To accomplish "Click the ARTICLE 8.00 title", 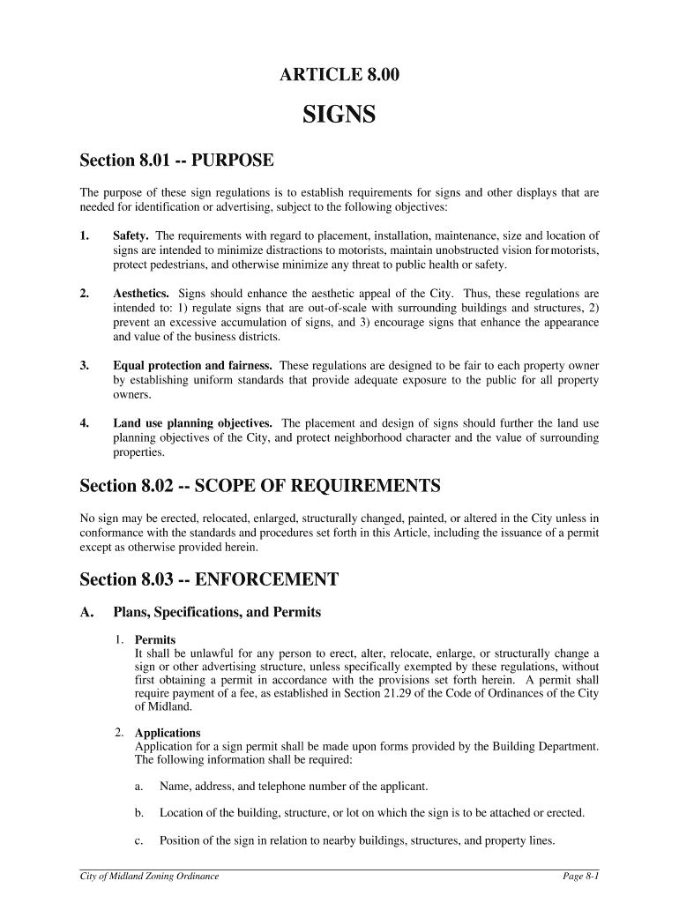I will click(x=339, y=76).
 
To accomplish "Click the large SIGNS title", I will click(x=339, y=115).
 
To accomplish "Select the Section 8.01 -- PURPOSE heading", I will click(x=177, y=160).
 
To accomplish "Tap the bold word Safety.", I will click(x=131, y=236).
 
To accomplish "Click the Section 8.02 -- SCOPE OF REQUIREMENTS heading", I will click(x=259, y=486).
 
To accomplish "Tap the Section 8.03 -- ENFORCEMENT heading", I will click(x=209, y=579).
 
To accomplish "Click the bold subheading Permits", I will click(x=155, y=639).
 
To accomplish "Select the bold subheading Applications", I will click(x=168, y=733).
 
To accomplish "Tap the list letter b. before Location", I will click(x=139, y=813).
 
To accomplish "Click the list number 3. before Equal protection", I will click(x=85, y=365).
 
